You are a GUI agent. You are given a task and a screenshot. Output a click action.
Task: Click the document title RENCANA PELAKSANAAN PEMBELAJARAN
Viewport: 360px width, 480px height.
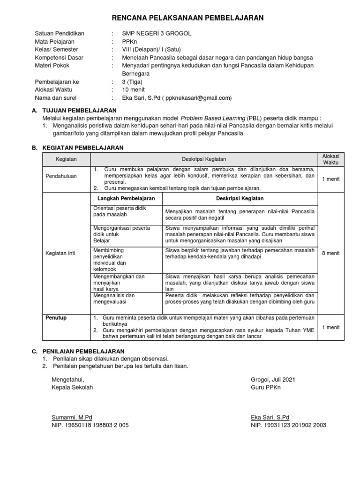[187, 18]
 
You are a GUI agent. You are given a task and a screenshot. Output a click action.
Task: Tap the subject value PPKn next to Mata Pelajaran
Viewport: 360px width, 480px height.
[129, 41]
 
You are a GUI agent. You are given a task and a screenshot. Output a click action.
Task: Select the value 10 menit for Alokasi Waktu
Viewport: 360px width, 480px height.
[134, 90]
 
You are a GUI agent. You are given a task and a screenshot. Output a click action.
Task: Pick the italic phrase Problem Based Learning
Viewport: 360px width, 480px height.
[213, 118]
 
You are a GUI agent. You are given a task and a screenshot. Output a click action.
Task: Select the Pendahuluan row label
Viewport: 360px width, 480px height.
[61, 176]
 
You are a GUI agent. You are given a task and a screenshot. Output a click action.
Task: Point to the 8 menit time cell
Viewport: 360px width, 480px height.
[330, 253]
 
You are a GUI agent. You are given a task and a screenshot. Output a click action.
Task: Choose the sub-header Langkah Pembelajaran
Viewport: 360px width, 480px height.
[126, 198]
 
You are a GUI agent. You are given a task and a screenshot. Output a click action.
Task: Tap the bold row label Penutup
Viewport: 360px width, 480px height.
[56, 318]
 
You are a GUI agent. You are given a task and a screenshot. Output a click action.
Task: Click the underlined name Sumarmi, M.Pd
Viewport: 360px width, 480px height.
[72, 417]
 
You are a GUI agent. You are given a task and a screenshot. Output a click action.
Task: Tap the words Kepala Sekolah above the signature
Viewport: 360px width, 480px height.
[72, 387]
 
